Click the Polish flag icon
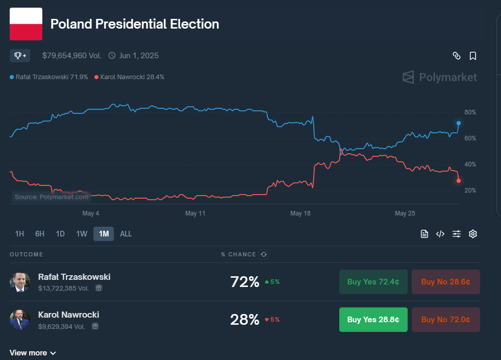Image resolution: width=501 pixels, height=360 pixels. coord(26,24)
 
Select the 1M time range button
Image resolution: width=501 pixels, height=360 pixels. coord(104,234)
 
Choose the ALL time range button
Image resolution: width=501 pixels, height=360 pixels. coord(126,234)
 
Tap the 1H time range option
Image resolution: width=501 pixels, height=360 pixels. coord(19,234)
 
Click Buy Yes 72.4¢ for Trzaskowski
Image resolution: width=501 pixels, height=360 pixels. coord(373,282)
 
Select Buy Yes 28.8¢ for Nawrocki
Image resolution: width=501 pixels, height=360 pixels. coord(373,320)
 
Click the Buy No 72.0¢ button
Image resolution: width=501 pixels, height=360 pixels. coord(445,320)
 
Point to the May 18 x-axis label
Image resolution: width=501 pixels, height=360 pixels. coord(300,213)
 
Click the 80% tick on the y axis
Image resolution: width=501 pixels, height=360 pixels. coord(470,112)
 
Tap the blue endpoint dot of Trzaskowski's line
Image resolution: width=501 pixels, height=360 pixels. coord(459,123)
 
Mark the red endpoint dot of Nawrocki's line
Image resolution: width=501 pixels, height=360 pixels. coord(459,181)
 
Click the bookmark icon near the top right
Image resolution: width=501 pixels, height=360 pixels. coord(473,56)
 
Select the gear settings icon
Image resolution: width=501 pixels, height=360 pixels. coord(473,234)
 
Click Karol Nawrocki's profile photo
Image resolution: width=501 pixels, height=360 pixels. coord(20,320)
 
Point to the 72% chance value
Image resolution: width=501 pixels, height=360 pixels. coord(245,282)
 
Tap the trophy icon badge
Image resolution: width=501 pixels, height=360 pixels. coord(20,55)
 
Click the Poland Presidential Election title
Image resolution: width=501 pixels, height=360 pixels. coord(135,24)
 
